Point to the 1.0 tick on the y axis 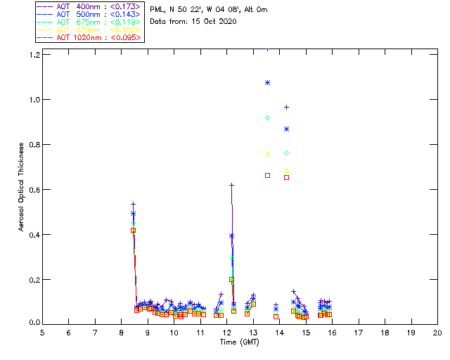[33, 99]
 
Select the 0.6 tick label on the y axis [33, 189]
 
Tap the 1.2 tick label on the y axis [33, 54]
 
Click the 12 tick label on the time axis [226, 332]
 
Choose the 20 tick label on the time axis [437, 332]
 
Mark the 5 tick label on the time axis [42, 332]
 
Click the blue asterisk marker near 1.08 [267, 82]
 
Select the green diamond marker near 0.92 [267, 117]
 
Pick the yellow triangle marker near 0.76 [267, 153]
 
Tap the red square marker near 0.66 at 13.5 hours [267, 174]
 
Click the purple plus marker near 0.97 [286, 107]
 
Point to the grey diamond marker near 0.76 [286, 153]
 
